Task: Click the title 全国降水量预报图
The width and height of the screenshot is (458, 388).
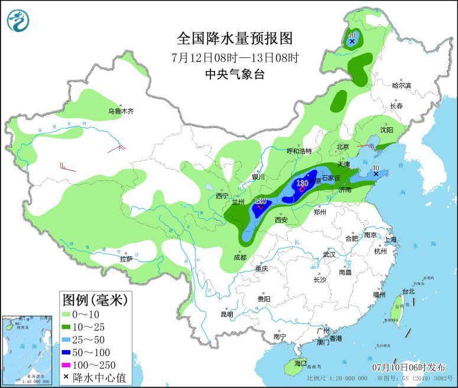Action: click(x=235, y=38)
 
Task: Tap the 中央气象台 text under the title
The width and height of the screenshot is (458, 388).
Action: click(x=235, y=74)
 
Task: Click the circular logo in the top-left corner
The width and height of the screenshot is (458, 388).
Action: click(x=19, y=21)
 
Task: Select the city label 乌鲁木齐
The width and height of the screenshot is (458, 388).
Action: click(x=121, y=111)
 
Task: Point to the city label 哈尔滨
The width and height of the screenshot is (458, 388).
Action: click(x=402, y=85)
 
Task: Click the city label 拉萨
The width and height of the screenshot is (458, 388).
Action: click(x=126, y=258)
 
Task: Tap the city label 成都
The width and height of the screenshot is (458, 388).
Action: click(x=240, y=257)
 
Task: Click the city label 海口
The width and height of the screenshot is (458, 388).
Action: click(x=301, y=363)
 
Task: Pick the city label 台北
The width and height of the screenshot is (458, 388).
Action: click(x=408, y=291)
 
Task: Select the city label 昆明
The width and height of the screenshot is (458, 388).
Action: click(x=227, y=313)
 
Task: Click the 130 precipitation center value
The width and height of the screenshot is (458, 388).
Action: click(x=302, y=183)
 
